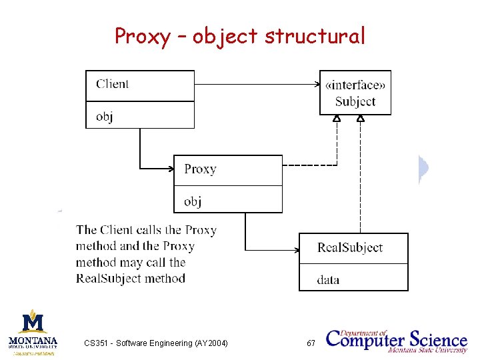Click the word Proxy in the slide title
click(142, 36)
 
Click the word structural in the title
click(315, 36)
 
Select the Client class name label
click(112, 84)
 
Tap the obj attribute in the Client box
click(104, 117)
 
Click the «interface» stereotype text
click(355, 85)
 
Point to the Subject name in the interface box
click(355, 101)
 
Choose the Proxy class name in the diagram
click(200, 169)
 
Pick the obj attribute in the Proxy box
click(193, 201)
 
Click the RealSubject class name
click(350, 247)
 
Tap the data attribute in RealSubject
click(328, 280)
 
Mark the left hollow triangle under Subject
click(337, 119)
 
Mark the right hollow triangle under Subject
click(361, 119)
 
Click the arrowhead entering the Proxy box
click(170, 167)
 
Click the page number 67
click(311, 343)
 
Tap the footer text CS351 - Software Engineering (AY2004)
click(156, 343)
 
